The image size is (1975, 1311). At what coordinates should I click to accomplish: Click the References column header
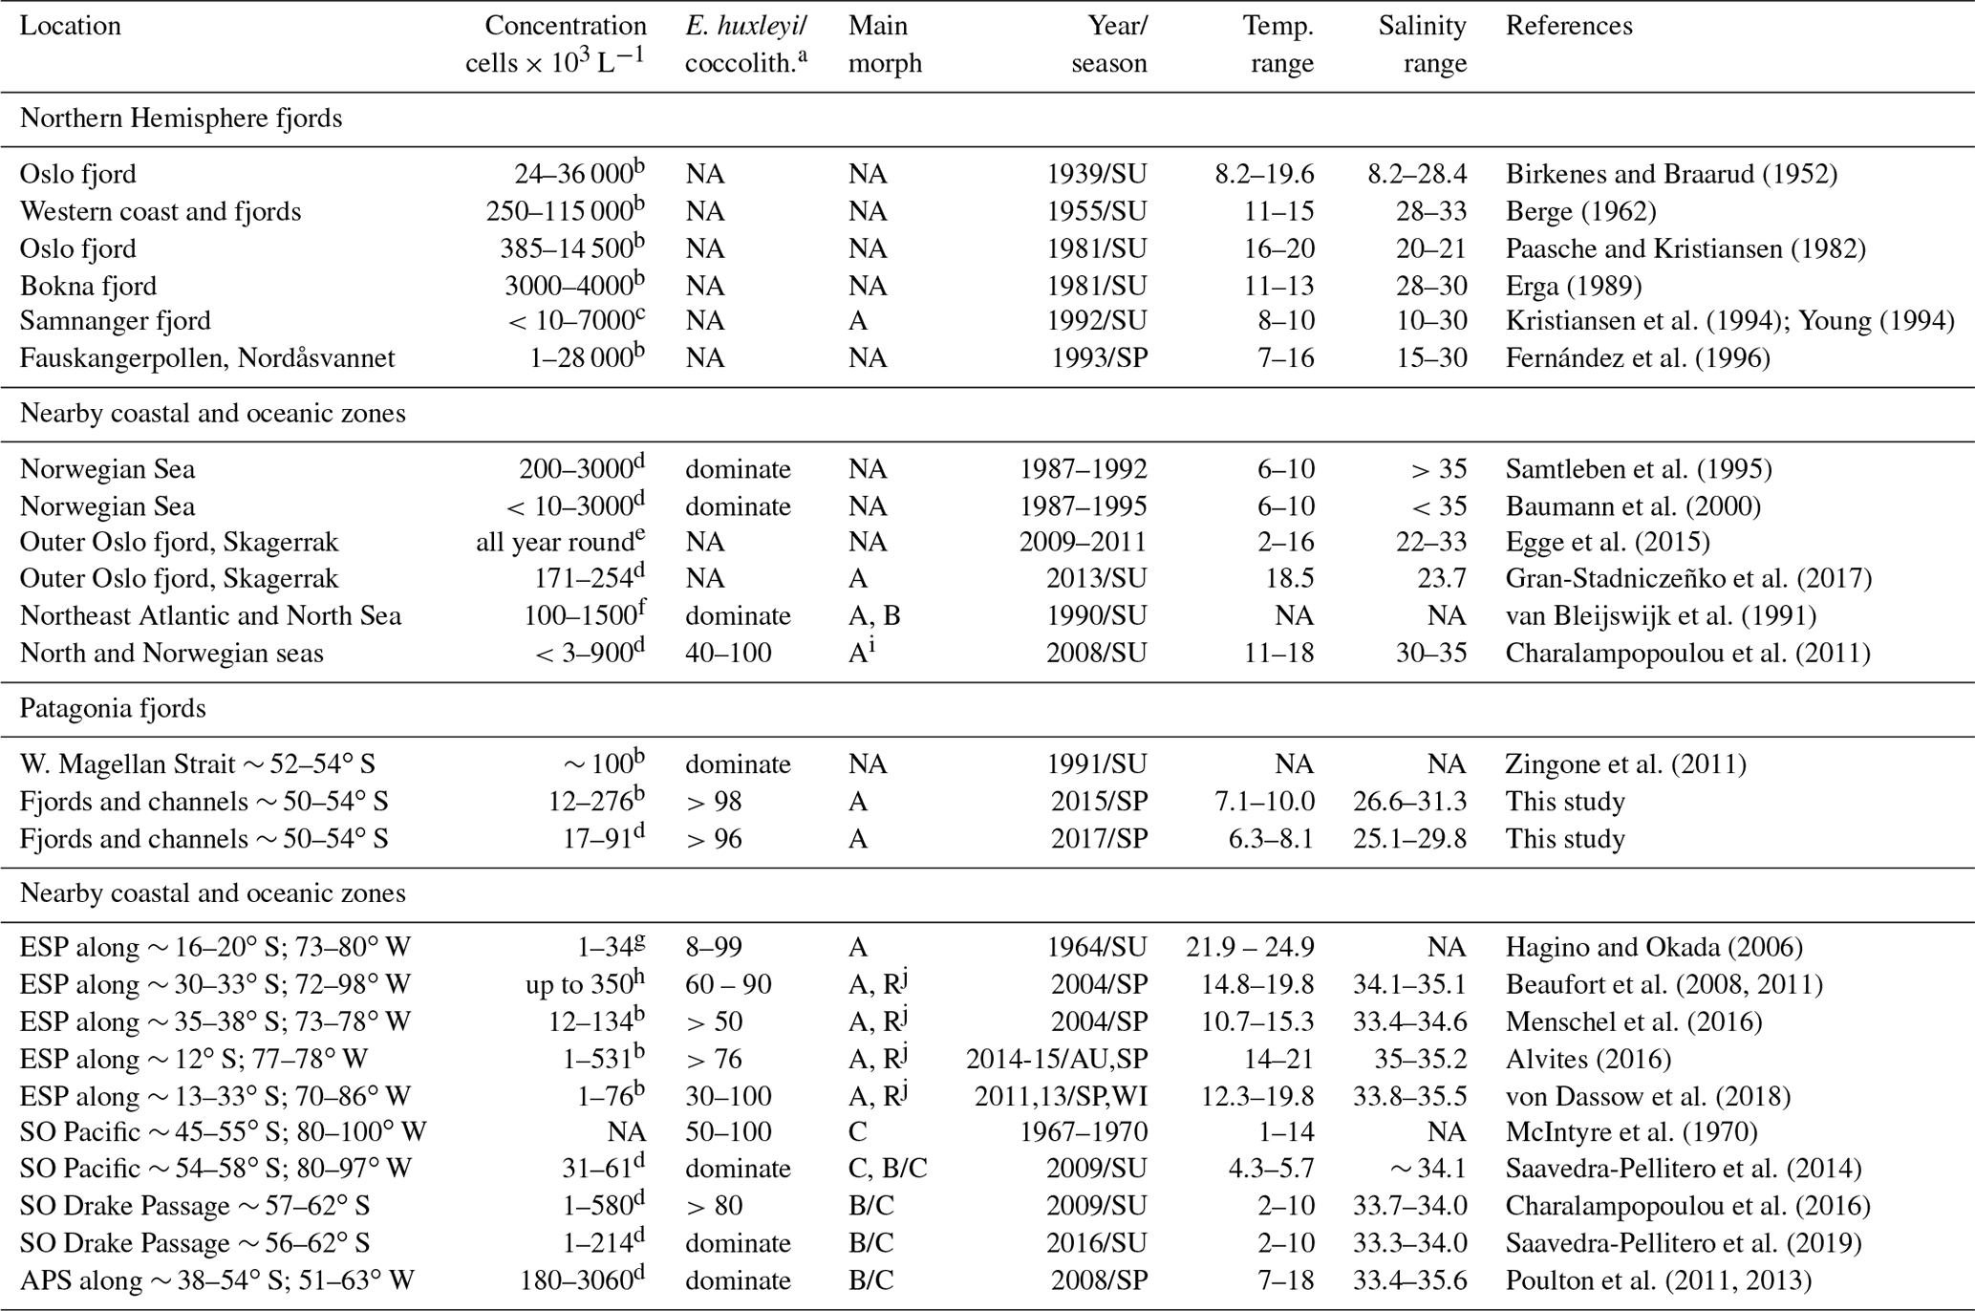tap(1569, 26)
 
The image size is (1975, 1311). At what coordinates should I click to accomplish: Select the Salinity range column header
tap(1422, 44)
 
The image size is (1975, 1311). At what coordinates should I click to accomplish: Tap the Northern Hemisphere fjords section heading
tap(181, 118)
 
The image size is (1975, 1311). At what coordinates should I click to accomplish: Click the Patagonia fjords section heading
tap(113, 708)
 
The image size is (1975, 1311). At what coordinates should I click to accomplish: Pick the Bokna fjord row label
tap(88, 286)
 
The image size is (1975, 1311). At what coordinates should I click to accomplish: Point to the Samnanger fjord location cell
tap(115, 321)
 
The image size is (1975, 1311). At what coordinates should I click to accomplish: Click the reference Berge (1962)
tap(1580, 211)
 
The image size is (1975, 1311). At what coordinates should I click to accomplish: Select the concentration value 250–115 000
tap(559, 211)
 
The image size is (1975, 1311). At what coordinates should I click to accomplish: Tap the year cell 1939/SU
tap(1097, 174)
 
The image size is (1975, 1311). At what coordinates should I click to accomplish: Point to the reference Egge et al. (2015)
tap(1607, 542)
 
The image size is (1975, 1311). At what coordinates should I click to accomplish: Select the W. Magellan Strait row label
tap(197, 764)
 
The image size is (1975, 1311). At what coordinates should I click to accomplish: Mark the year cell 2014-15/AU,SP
tap(1057, 1059)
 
